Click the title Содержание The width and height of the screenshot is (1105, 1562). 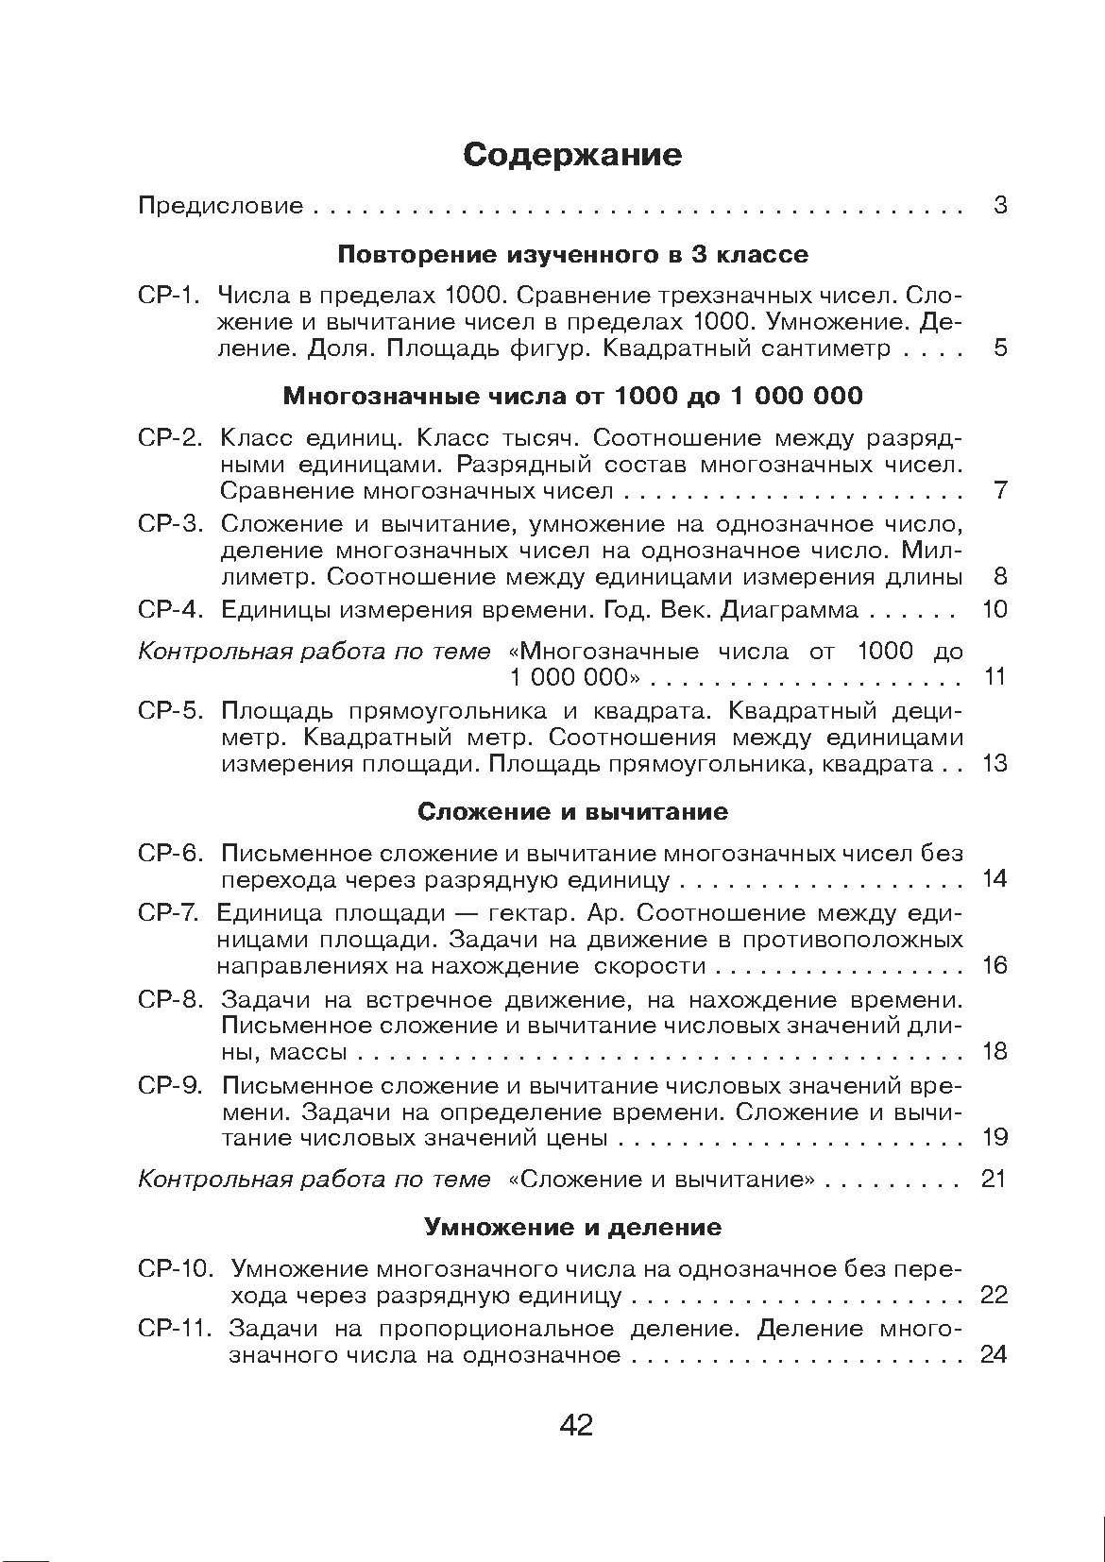pos(572,155)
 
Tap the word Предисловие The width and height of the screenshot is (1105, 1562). pos(221,205)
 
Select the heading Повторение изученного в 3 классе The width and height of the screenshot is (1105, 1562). pos(572,254)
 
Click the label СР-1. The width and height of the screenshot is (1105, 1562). pos(170,296)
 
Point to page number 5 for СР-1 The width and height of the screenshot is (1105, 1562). pos(1000,348)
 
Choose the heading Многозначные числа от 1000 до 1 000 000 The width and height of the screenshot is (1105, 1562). pos(572,396)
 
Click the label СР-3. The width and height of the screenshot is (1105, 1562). pos(171,524)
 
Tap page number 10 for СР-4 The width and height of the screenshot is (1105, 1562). pos(994,609)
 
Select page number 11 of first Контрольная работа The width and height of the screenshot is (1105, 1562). pos(994,677)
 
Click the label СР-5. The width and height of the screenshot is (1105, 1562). pos(171,711)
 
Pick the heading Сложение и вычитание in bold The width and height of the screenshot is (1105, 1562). pos(572,811)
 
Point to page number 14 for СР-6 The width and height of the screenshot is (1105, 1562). pos(994,879)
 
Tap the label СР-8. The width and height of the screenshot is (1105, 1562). pos(171,1000)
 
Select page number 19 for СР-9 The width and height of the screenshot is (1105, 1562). pos(994,1137)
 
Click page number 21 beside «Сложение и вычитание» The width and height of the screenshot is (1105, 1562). pos(994,1180)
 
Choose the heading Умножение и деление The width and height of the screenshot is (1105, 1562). pos(572,1228)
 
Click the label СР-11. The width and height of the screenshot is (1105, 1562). pos(176,1329)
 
